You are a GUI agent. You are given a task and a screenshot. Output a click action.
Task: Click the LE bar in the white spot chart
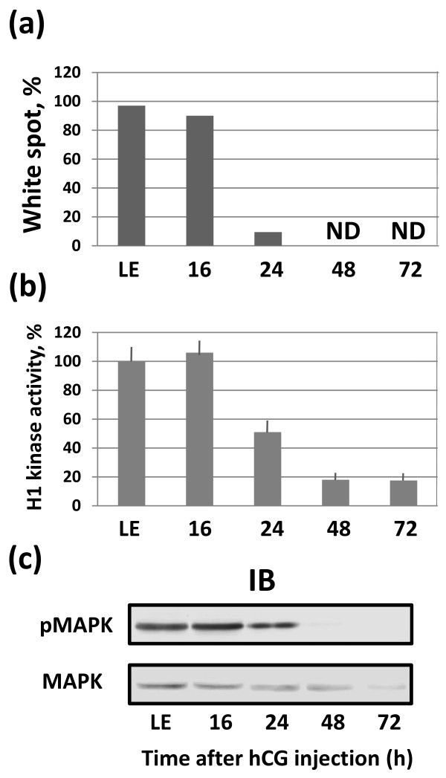click(131, 175)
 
